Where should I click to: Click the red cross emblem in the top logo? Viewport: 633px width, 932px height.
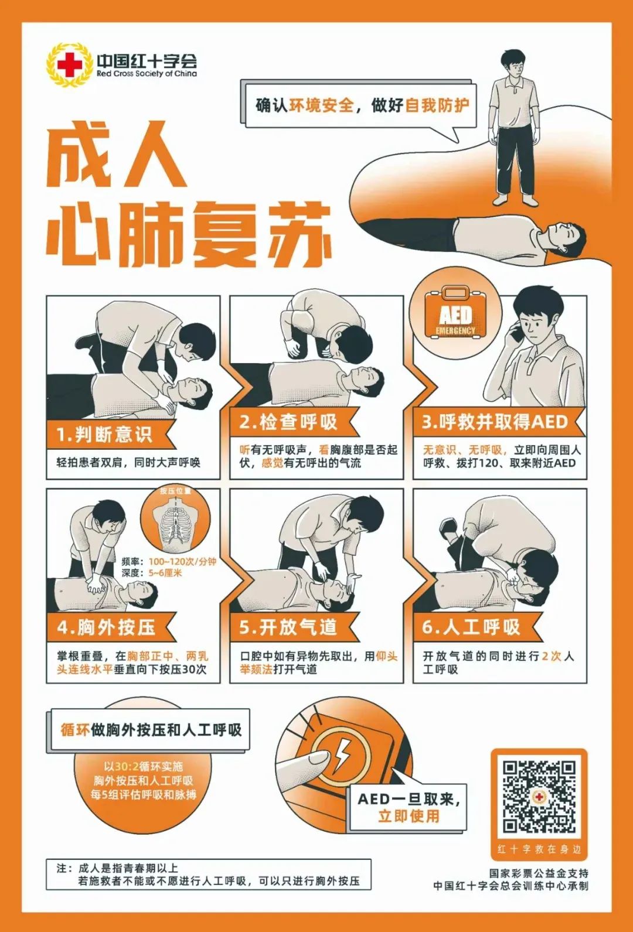70,65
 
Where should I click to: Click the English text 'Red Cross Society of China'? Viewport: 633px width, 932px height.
147,74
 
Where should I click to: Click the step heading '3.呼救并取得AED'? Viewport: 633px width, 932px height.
495,422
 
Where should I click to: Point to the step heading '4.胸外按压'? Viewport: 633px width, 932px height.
106,627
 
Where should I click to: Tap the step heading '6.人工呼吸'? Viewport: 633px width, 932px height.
471,627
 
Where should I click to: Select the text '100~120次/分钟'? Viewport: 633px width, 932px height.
182,562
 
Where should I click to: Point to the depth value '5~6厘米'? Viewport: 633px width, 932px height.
165,573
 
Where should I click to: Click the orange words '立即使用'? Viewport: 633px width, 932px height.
409,815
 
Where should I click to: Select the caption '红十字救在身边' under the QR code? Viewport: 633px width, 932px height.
539,849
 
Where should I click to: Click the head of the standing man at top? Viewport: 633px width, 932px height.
513,63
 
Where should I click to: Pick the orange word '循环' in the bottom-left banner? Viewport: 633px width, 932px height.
75,730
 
